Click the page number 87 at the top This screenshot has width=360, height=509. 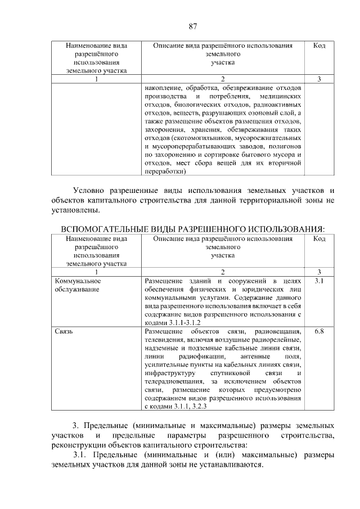click(192, 26)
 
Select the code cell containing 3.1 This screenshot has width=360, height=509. click(319, 280)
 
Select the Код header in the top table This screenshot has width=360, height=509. click(319, 45)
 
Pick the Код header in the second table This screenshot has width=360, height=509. click(319, 239)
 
